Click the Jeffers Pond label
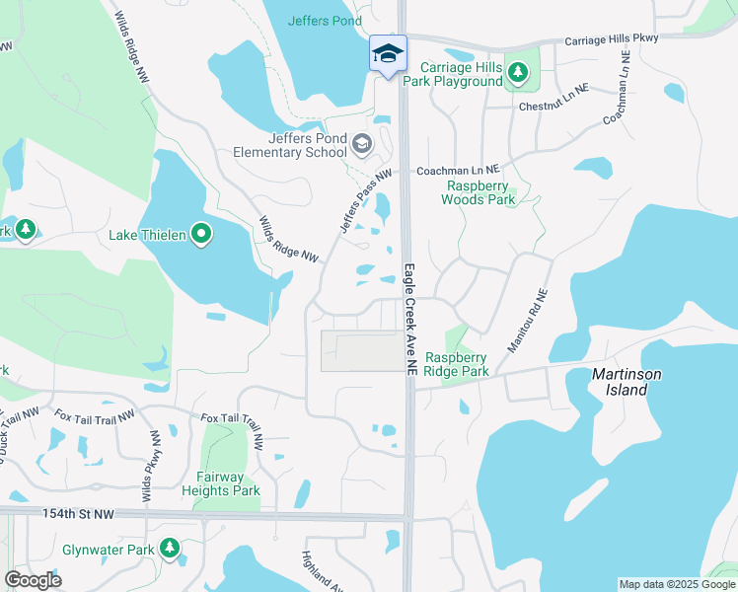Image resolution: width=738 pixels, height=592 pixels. (x=326, y=20)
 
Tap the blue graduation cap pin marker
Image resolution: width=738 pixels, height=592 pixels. (x=388, y=53)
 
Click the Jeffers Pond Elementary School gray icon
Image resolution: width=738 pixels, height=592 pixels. (x=362, y=146)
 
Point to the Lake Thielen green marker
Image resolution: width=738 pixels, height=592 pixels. (x=202, y=235)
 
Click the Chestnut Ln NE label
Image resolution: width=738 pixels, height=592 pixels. (x=553, y=106)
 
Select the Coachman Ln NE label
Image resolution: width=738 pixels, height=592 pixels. (x=460, y=170)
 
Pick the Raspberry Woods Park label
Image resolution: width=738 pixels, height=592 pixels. (x=481, y=192)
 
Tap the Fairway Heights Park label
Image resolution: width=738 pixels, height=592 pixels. (x=220, y=483)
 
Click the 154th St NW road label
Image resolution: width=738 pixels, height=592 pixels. (x=79, y=514)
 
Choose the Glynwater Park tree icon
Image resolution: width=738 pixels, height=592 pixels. (x=171, y=547)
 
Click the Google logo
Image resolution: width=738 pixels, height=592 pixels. (x=33, y=580)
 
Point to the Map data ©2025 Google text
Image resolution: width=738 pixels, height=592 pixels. (x=677, y=584)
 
